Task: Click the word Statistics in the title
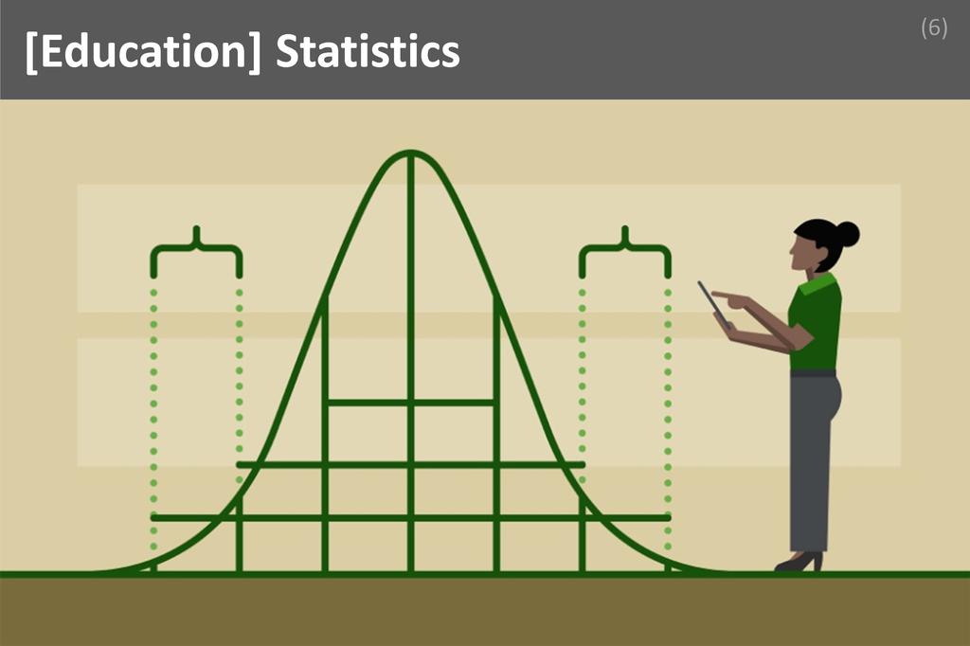tap(368, 52)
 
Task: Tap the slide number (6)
tap(933, 28)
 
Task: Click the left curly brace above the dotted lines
tap(196, 248)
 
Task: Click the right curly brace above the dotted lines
tap(625, 248)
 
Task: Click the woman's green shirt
tap(817, 322)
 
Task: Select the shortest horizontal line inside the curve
tap(410, 403)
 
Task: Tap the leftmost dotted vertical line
tap(153, 417)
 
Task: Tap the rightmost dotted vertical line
tap(668, 417)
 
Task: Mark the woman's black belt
tap(814, 373)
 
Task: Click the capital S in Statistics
tap(287, 53)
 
